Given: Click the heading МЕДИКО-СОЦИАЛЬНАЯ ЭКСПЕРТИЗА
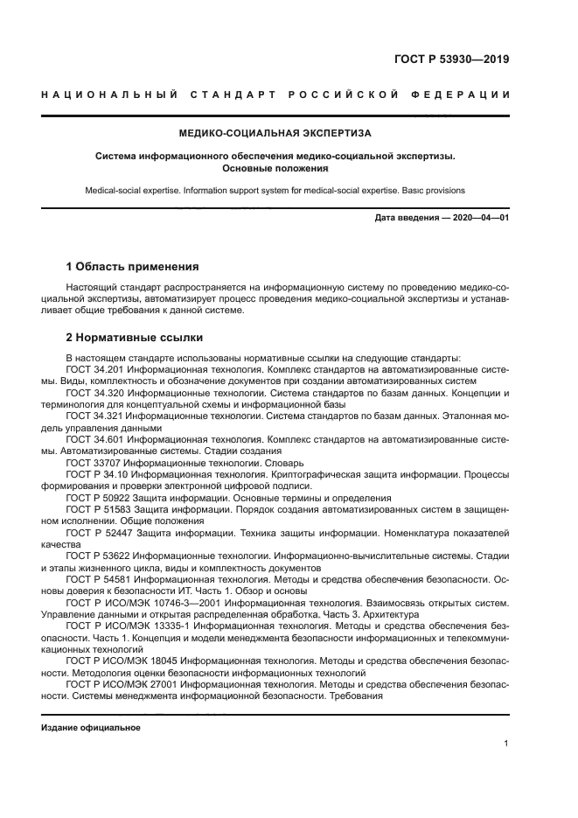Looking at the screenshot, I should pos(275,134).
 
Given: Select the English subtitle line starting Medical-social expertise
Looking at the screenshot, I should pos(275,190).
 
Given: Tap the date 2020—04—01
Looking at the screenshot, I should pos(481,217).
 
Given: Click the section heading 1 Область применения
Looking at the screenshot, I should pos(133,266).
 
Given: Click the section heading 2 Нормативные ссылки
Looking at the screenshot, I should pos(135,336).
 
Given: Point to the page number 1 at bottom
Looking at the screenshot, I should pos(506,744).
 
